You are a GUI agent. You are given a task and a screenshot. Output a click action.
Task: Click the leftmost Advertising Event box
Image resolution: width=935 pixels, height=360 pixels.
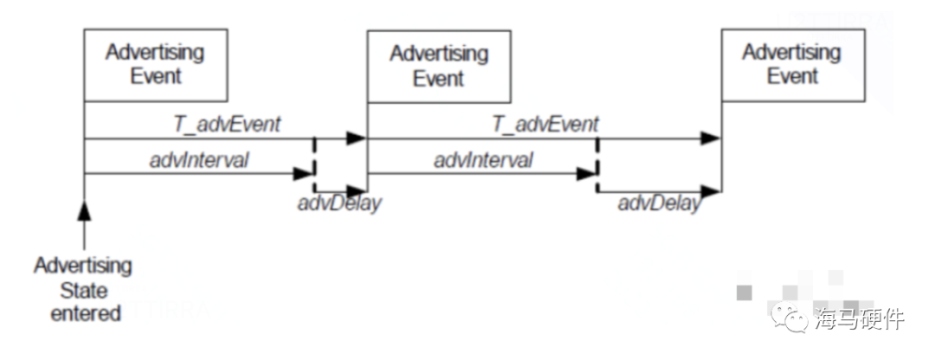coord(156,65)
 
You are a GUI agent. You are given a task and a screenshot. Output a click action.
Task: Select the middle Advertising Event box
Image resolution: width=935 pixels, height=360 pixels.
coord(439,67)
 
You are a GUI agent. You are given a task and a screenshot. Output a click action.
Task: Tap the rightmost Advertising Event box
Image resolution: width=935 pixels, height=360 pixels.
coord(792,64)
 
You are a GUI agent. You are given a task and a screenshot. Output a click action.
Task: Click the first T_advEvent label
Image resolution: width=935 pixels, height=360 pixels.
coord(228,124)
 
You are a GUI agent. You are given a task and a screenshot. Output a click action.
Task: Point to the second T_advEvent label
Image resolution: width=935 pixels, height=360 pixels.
coord(545,124)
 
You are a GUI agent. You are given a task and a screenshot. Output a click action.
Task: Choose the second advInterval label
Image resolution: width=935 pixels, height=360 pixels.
coord(483,159)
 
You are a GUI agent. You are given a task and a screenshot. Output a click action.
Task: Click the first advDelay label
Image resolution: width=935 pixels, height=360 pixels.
coord(339,206)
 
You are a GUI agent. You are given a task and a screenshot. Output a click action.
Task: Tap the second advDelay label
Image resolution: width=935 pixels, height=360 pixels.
coord(658,206)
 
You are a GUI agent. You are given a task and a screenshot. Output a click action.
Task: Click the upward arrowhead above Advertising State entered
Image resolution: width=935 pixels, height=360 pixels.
coord(84,211)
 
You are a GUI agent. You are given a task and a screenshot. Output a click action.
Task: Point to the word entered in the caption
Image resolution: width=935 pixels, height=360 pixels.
coord(85,312)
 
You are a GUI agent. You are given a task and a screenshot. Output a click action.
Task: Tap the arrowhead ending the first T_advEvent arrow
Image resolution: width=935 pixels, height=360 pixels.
coord(356,138)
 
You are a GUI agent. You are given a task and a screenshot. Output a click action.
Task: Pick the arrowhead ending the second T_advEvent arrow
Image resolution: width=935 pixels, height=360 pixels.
coord(710,138)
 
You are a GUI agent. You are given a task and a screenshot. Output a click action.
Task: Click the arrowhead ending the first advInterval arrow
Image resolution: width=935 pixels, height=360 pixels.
coord(302,173)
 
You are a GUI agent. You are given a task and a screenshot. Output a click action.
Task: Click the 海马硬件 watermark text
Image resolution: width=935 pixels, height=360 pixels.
coord(859,318)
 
